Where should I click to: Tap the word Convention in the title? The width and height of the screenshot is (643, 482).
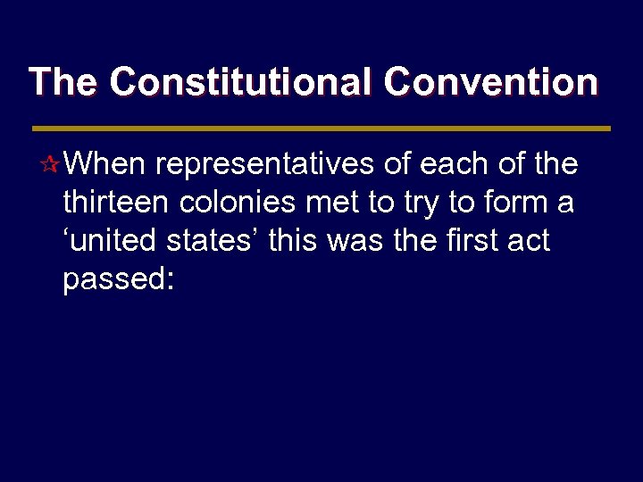pos(490,82)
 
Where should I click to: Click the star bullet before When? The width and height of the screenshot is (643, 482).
pos(53,165)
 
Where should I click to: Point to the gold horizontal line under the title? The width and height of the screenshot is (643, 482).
pos(321,129)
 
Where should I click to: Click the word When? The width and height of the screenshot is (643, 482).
pos(106,164)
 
